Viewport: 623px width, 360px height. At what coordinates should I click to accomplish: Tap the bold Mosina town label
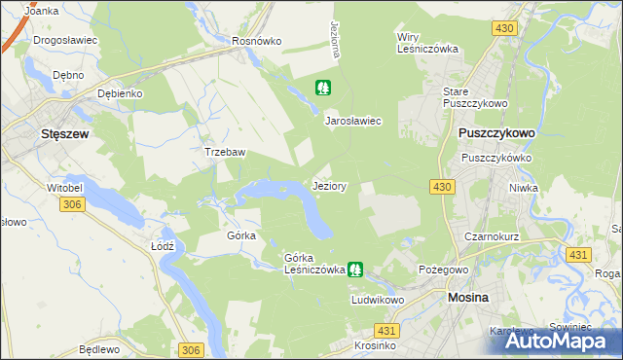coord(473,300)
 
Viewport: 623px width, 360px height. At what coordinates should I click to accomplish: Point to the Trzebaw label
coord(223,153)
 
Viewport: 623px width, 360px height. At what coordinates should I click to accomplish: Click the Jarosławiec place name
coord(351,121)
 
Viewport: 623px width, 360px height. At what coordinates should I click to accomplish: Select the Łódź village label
coord(163,246)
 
